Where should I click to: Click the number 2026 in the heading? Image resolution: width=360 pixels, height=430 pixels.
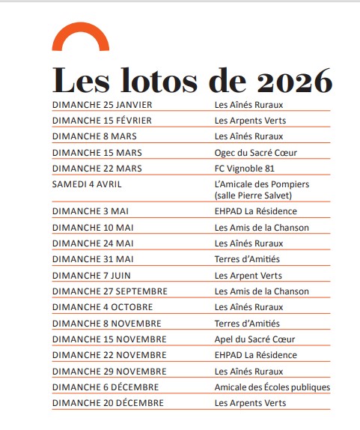tap(294, 79)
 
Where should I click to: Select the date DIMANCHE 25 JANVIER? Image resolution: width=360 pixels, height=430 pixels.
tap(97, 104)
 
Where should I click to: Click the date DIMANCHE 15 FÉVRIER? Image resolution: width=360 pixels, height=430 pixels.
tap(97, 120)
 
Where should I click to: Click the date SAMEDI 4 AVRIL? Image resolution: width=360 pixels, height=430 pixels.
tap(87, 184)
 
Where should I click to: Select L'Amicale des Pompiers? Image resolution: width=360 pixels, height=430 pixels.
tap(261, 184)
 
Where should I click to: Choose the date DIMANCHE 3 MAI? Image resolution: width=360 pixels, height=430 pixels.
tap(88, 211)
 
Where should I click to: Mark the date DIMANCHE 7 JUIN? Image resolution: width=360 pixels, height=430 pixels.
tap(91, 275)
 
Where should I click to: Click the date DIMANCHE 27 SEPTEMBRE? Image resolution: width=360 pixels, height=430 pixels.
tap(109, 291)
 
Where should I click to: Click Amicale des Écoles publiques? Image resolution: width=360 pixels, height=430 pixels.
tap(272, 387)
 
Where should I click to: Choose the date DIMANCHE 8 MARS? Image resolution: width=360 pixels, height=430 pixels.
tap(88, 136)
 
